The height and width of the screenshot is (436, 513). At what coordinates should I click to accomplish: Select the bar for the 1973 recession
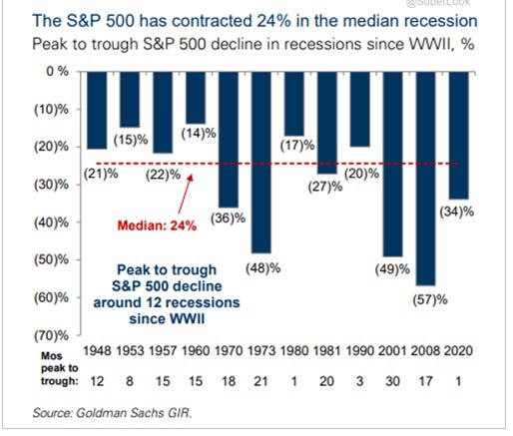point(259,161)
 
